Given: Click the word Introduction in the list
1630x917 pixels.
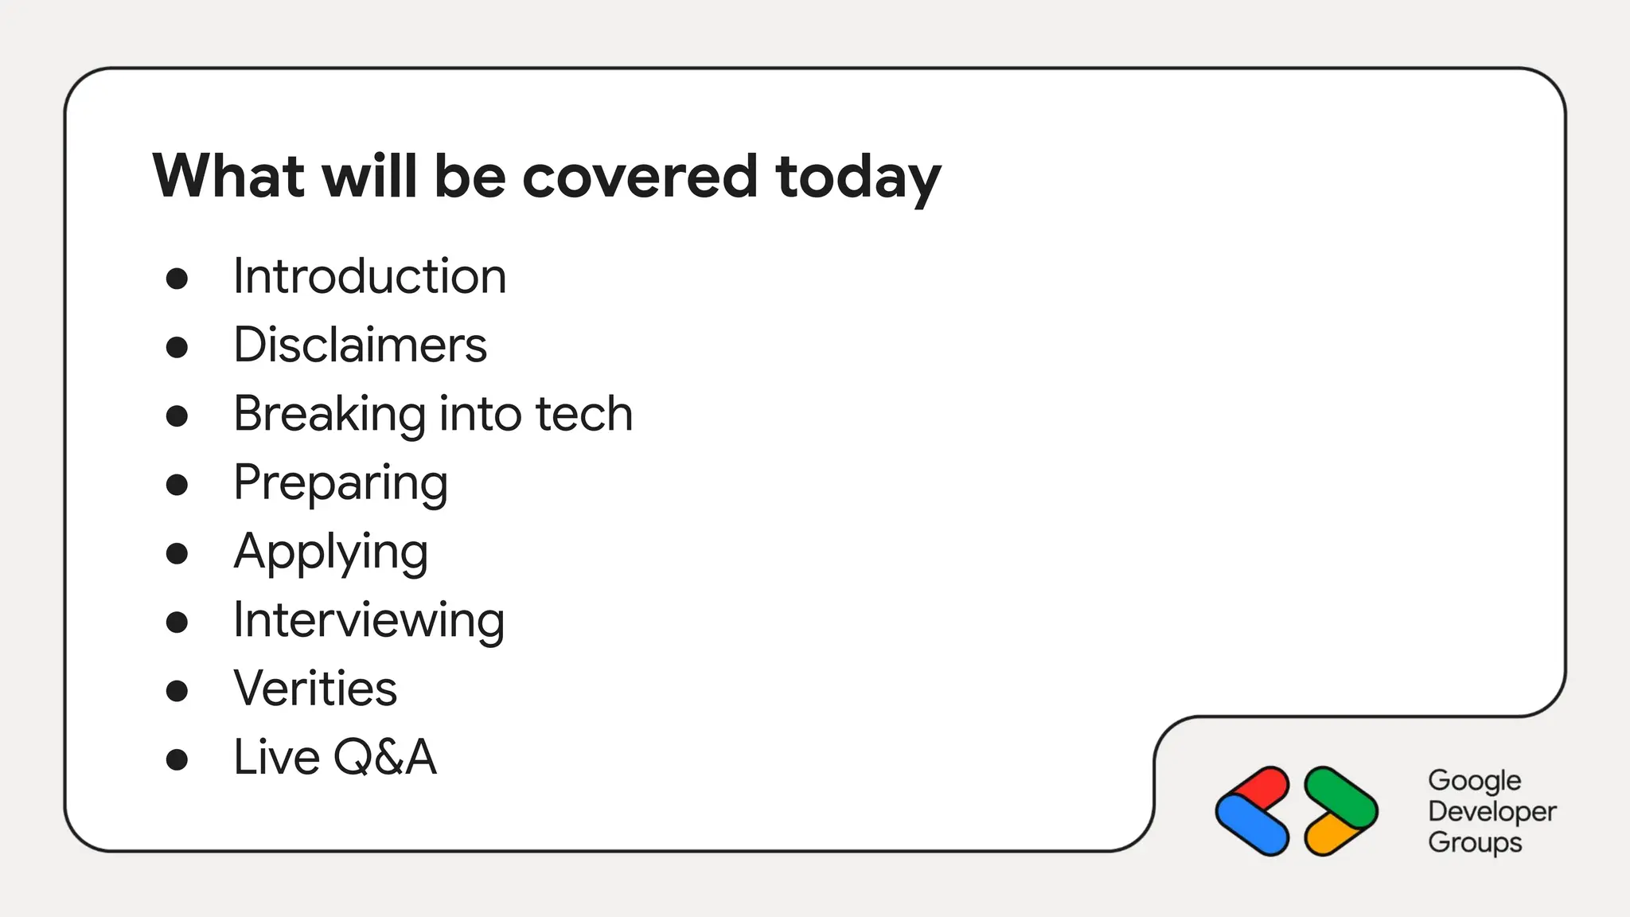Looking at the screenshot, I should click(x=369, y=276).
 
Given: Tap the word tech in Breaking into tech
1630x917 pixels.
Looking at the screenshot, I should click(x=583, y=414).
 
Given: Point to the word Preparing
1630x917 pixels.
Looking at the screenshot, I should click(x=341, y=483).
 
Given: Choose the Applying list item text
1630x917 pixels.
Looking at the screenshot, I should click(x=331, y=552).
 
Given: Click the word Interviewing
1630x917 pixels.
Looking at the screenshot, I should click(x=369, y=620).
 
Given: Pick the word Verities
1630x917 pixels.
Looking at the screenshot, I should click(x=315, y=689).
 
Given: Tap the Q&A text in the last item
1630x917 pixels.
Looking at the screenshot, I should click(x=384, y=757).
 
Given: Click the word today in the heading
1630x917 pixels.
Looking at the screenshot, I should click(x=858, y=177).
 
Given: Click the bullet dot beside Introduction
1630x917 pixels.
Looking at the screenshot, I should click(x=177, y=279).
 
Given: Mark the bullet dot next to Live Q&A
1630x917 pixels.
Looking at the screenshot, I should click(x=177, y=759).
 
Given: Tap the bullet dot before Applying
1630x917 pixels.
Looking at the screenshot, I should click(x=177, y=553).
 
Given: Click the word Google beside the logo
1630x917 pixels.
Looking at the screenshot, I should click(x=1474, y=781).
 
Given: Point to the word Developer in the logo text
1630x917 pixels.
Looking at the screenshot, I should click(x=1492, y=811).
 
